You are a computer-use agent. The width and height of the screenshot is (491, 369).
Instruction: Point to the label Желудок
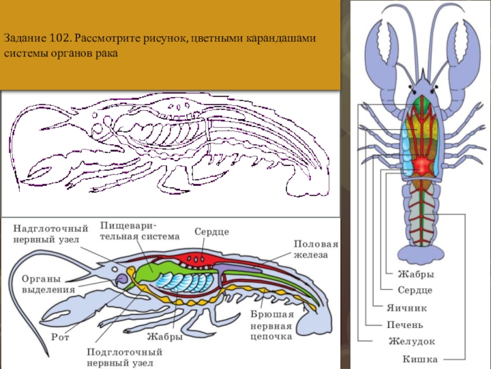click(x=411, y=341)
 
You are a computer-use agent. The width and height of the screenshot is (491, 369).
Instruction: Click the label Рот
click(x=60, y=337)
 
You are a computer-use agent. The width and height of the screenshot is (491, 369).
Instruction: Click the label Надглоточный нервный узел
click(x=51, y=233)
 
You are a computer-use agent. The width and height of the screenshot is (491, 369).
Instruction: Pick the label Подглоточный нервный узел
click(x=124, y=357)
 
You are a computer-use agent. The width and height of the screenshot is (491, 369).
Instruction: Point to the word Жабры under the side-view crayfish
click(x=164, y=336)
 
